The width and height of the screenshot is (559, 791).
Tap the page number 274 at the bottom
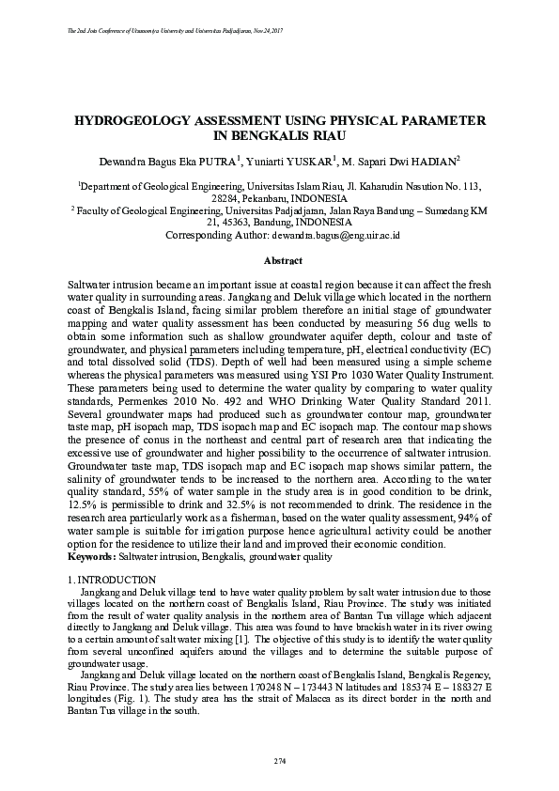point(279,759)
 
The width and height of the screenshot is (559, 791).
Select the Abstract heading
point(279,259)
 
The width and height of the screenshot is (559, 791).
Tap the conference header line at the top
point(177,32)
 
